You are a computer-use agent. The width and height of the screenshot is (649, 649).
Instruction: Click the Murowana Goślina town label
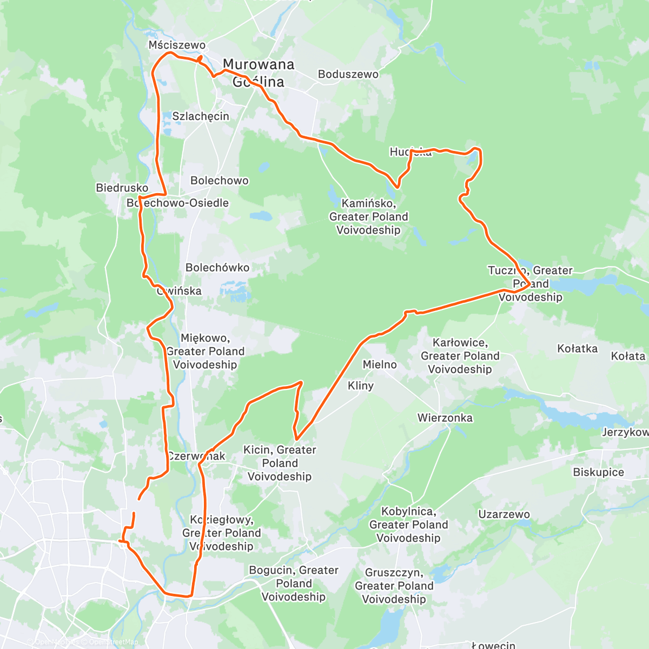tap(259, 73)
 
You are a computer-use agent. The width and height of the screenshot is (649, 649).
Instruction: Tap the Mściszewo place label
tap(177, 45)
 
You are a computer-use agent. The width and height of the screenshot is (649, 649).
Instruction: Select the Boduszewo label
tap(348, 74)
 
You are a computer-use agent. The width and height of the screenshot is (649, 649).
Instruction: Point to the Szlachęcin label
tap(201, 116)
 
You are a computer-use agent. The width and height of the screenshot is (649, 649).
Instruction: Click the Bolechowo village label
tap(220, 181)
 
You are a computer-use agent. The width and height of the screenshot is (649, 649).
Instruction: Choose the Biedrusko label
tap(122, 188)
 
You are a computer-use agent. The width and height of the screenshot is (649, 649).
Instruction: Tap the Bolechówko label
tap(217, 268)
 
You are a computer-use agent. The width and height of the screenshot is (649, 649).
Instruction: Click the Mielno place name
tap(380, 365)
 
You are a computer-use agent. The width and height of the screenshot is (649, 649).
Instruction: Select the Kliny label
tap(361, 386)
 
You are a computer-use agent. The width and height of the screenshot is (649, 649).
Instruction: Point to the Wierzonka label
tap(445, 418)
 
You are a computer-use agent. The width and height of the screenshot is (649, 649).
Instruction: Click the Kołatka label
tap(578, 349)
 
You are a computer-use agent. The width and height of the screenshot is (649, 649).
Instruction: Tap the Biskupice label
tap(599, 472)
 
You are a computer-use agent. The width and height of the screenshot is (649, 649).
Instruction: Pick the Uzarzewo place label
tap(504, 514)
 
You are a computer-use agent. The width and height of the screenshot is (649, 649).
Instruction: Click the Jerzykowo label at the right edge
tap(626, 432)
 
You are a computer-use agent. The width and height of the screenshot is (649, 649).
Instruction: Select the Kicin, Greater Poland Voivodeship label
tap(280, 463)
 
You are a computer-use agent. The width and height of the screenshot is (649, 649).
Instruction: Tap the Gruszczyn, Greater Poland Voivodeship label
tap(394, 586)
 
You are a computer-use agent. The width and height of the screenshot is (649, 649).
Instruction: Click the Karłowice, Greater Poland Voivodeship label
tap(460, 356)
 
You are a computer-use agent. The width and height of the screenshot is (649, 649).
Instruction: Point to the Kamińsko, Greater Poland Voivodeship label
tap(368, 216)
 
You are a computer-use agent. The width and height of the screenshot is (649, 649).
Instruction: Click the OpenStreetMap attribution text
tap(113, 642)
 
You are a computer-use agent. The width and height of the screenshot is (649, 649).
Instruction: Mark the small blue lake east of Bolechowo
tap(262, 216)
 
